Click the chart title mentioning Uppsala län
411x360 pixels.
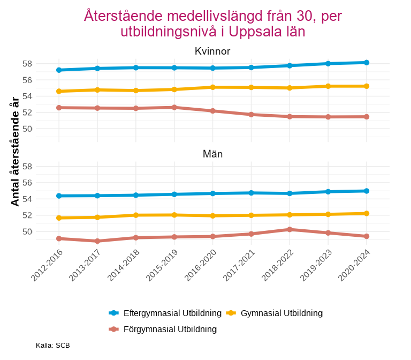(212, 24)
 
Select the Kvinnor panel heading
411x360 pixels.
(212, 51)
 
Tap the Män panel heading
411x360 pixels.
(212, 154)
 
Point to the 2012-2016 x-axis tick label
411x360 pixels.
(48, 265)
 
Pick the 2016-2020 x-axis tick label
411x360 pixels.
(201, 265)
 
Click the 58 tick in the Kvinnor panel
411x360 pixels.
(42, 64)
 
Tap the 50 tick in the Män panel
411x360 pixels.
(42, 232)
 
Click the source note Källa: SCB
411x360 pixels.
(53, 346)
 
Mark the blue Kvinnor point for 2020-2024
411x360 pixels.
(367, 63)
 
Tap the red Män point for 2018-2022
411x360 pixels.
(290, 229)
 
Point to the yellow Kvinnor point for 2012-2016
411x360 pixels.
(59, 91)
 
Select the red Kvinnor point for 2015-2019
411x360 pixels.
(174, 107)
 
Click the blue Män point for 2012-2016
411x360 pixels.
(59, 196)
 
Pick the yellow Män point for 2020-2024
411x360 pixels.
(367, 213)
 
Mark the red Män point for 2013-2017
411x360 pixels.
(97, 241)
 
